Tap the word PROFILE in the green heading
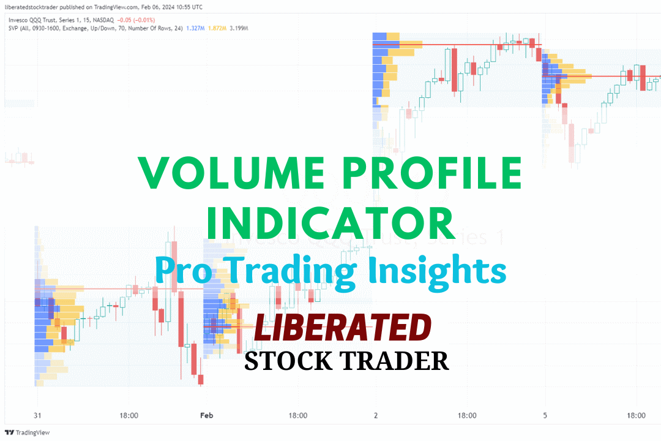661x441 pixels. point(428,173)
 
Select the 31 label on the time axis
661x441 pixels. point(37,415)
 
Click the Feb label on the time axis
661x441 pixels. point(206,415)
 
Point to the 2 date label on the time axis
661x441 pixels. point(376,415)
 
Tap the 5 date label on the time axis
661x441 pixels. point(545,415)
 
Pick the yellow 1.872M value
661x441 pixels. point(218,28)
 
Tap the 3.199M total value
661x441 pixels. point(242,28)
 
